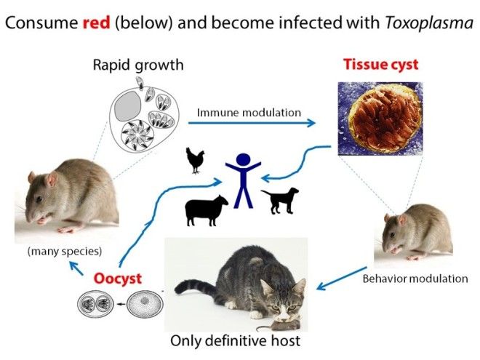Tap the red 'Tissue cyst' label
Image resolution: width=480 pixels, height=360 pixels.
[x=380, y=65]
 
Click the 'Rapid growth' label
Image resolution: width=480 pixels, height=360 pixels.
[x=138, y=65]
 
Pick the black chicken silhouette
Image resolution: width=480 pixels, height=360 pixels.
[x=195, y=160]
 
